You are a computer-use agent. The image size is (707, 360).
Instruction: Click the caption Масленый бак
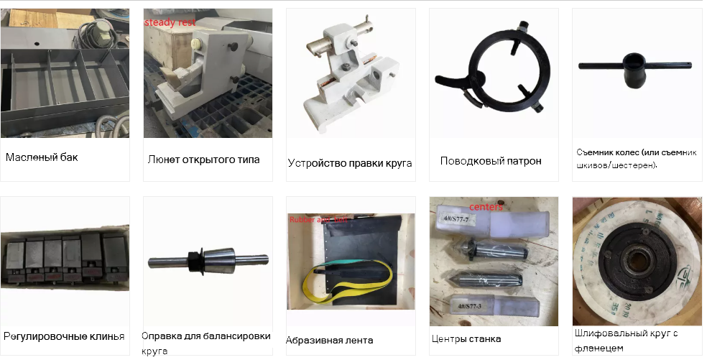[x=42, y=157]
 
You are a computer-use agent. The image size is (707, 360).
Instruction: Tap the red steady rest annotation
[x=170, y=23]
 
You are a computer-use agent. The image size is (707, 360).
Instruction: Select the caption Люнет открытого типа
[x=203, y=160]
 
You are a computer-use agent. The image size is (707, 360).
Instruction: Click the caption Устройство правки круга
[x=349, y=163]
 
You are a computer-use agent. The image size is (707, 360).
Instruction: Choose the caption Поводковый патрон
[x=491, y=161]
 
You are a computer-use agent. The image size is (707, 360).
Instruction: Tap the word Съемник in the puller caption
[x=596, y=152]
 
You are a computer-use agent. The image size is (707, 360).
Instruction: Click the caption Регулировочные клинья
[x=64, y=336]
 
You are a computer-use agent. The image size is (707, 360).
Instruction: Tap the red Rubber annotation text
[x=301, y=219]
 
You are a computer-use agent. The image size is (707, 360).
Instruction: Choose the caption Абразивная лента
[x=329, y=340]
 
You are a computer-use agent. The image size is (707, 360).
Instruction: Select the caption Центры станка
[x=466, y=338]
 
